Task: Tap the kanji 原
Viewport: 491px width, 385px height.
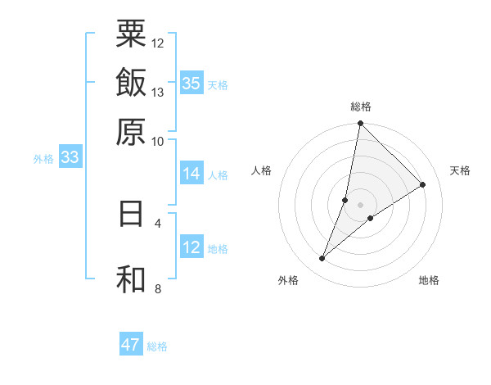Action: click(x=131, y=131)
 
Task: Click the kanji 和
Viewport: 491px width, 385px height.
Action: click(x=131, y=279)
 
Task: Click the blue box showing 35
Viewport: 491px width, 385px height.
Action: click(x=191, y=83)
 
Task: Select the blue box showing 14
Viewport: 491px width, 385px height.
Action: click(x=191, y=174)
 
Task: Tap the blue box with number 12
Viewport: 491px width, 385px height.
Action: click(x=191, y=248)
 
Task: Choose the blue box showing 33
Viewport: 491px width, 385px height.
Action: click(x=70, y=157)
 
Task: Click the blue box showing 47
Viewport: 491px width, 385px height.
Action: click(x=131, y=345)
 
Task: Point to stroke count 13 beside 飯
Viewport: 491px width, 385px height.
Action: click(x=158, y=93)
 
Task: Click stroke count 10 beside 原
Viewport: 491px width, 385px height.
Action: click(x=158, y=140)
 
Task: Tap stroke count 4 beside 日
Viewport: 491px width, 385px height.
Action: click(x=158, y=222)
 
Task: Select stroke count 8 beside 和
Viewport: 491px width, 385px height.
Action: click(x=158, y=288)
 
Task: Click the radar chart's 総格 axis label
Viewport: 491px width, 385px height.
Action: click(x=361, y=106)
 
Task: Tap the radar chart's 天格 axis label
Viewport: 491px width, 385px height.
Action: click(x=460, y=170)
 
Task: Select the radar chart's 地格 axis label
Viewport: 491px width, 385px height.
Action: click(x=429, y=280)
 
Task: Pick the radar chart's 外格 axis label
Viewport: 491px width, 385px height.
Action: click(x=287, y=280)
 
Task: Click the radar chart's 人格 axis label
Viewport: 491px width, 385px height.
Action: click(x=262, y=170)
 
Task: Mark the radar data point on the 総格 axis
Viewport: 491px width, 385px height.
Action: click(x=361, y=124)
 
